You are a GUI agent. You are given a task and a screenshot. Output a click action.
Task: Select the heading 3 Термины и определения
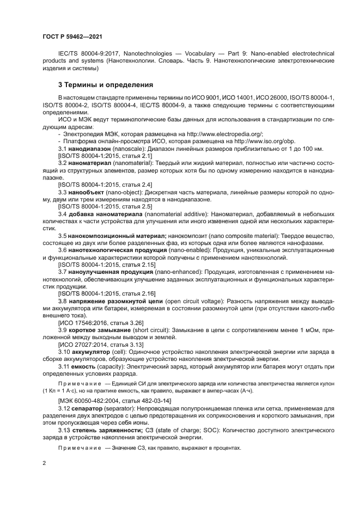[106, 85]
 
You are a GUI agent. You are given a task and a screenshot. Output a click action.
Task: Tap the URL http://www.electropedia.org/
[224, 133]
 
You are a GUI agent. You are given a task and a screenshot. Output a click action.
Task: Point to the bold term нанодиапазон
[89, 148]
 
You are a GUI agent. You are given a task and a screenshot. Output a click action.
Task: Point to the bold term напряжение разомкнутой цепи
[112, 301]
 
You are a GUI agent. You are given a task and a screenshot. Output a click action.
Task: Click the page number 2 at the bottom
[44, 462]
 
